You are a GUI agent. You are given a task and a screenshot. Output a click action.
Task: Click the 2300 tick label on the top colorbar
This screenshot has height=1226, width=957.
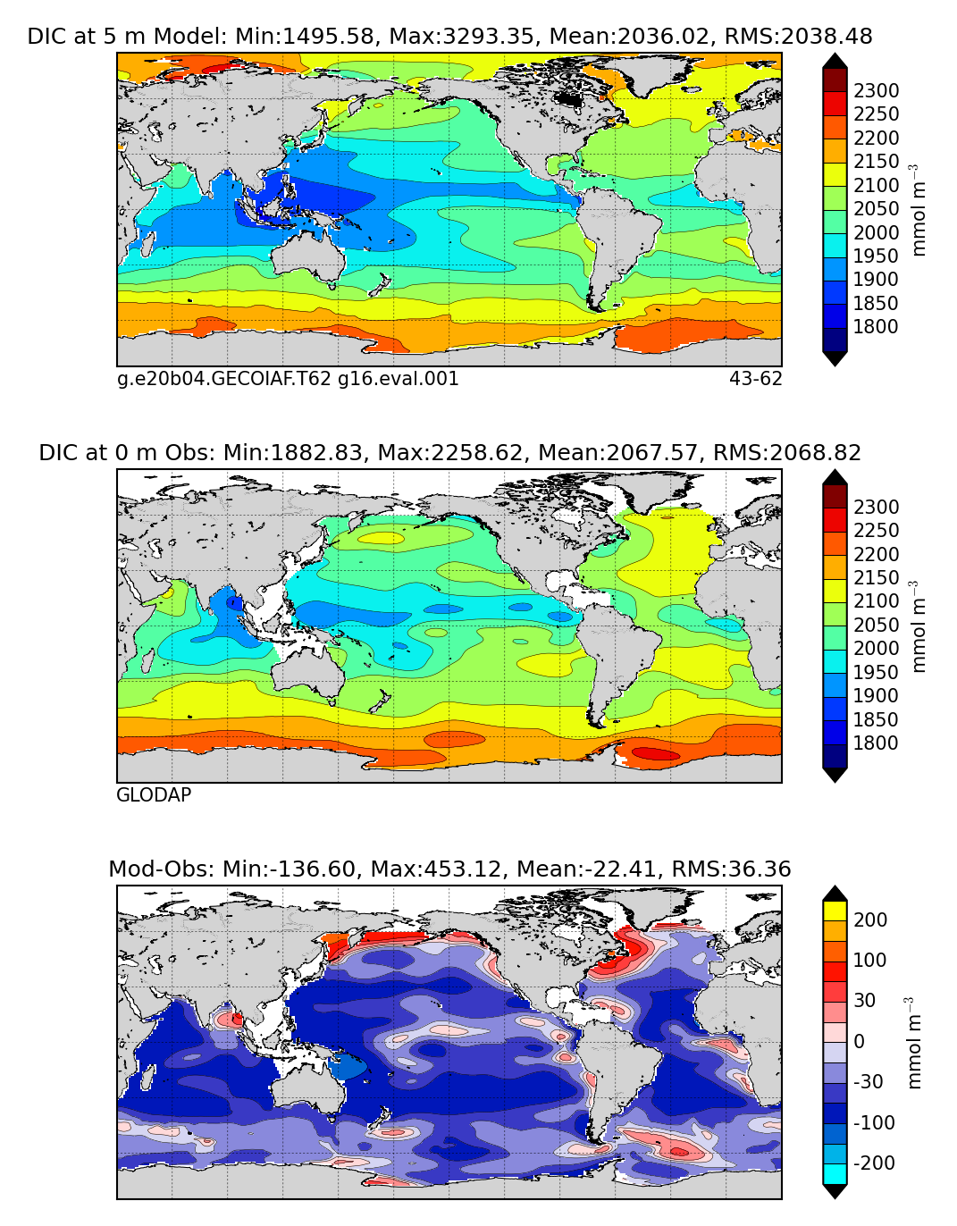pyautogui.click(x=876, y=91)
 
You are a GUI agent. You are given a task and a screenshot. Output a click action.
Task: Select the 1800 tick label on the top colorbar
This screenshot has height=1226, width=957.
pyautogui.click(x=876, y=327)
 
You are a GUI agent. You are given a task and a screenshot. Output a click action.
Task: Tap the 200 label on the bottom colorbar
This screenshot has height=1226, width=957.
pyautogui.click(x=869, y=920)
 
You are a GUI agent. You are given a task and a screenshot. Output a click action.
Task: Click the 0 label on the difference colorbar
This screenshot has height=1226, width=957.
pyautogui.click(x=859, y=1042)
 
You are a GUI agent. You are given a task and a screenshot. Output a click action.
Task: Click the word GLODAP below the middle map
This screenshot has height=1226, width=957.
pyautogui.click(x=154, y=795)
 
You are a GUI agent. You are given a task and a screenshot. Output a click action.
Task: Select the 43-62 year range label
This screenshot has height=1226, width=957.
pyautogui.click(x=755, y=379)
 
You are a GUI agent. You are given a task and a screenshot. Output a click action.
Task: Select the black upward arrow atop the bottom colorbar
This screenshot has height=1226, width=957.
pyautogui.click(x=835, y=893)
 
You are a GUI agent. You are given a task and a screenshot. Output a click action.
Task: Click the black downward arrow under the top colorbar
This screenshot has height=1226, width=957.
pyautogui.click(x=835, y=358)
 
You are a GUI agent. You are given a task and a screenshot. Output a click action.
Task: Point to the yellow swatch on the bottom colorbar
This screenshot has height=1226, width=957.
pyautogui.click(x=835, y=911)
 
